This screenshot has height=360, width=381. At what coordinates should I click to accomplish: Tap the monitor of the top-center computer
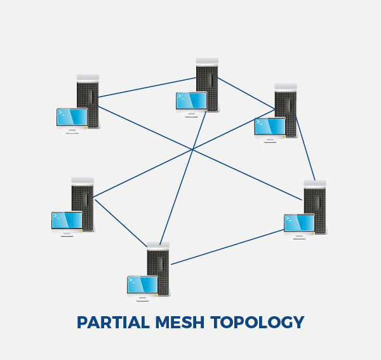click(191, 101)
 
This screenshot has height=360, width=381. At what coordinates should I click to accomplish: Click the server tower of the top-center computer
click(208, 79)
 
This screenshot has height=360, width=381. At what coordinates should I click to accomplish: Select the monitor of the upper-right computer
click(269, 126)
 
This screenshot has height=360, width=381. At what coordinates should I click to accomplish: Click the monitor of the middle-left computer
click(67, 220)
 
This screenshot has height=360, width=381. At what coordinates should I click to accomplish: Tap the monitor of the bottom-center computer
click(142, 284)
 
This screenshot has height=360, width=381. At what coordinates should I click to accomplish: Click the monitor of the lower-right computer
click(299, 223)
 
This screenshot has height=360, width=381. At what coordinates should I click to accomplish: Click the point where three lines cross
click(192, 149)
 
